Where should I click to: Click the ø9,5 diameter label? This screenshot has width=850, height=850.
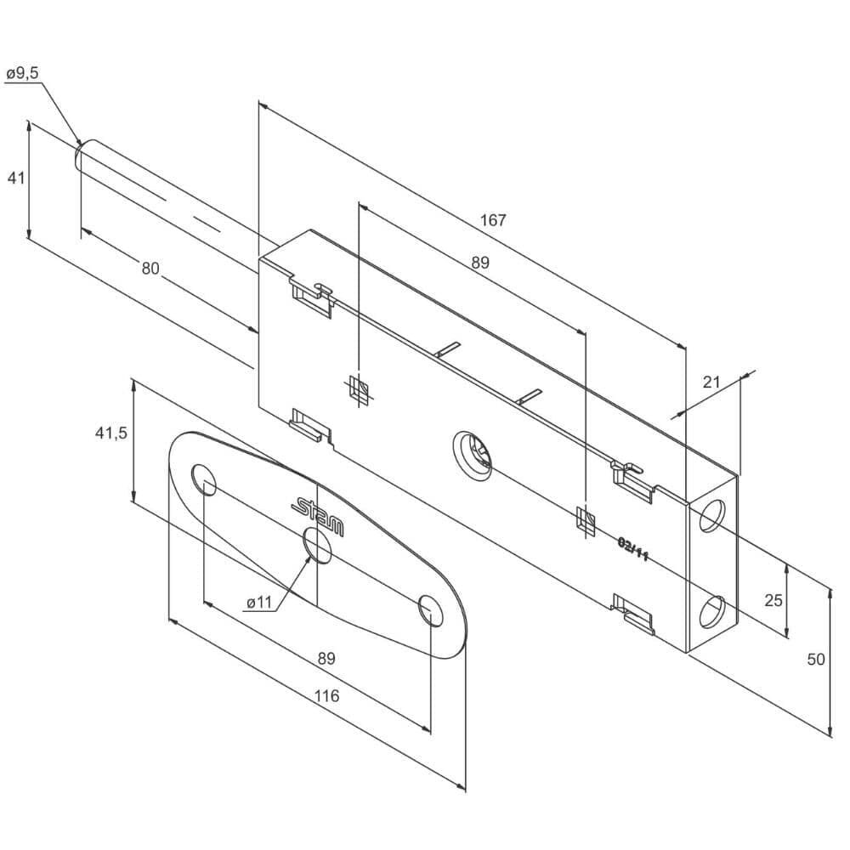23,73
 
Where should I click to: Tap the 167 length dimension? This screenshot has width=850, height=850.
493,220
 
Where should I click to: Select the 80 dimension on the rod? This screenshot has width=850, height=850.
150,268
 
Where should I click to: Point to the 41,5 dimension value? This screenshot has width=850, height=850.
111,433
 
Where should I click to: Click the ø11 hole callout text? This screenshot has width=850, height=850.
258,603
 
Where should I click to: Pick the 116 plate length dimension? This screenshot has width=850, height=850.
326,695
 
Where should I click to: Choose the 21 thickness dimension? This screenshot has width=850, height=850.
711,382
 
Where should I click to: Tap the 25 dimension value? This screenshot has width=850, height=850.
773,600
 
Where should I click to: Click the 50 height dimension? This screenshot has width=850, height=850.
816,660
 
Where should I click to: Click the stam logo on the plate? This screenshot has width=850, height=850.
318,516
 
